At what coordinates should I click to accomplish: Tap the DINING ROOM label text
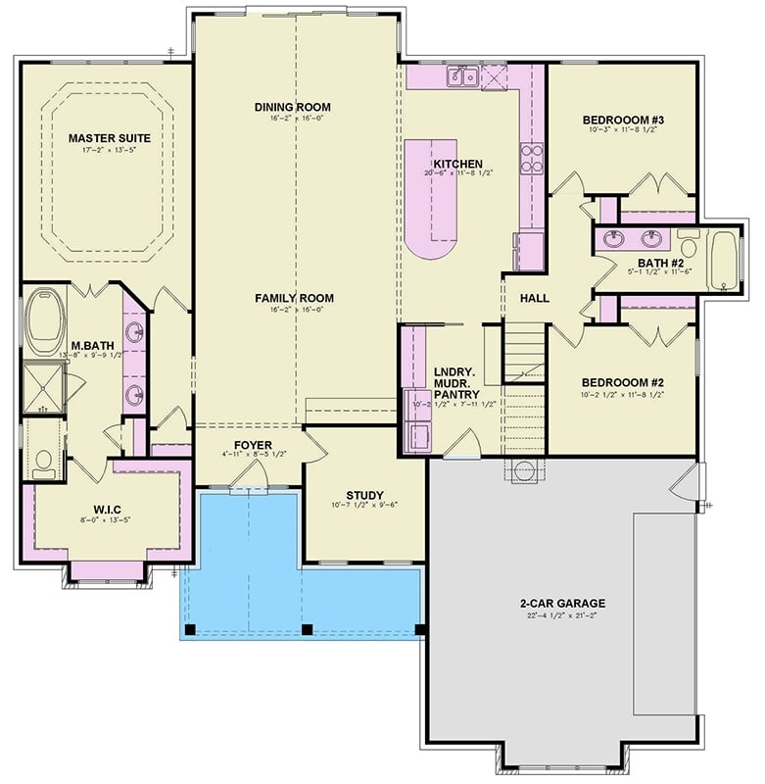point(292,107)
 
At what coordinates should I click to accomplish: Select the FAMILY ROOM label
point(294,298)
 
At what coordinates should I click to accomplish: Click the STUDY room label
point(364,495)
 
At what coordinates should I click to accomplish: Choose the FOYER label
point(253,445)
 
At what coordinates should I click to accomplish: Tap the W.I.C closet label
point(108,509)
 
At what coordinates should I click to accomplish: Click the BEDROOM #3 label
point(622,119)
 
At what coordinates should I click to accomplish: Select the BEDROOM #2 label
point(623,382)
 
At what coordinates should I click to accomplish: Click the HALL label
point(534,298)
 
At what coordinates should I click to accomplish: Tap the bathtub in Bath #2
point(727,260)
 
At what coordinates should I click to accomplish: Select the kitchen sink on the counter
point(461,76)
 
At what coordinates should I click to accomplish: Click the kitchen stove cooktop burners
point(532,159)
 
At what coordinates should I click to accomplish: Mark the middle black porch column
point(307,628)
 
